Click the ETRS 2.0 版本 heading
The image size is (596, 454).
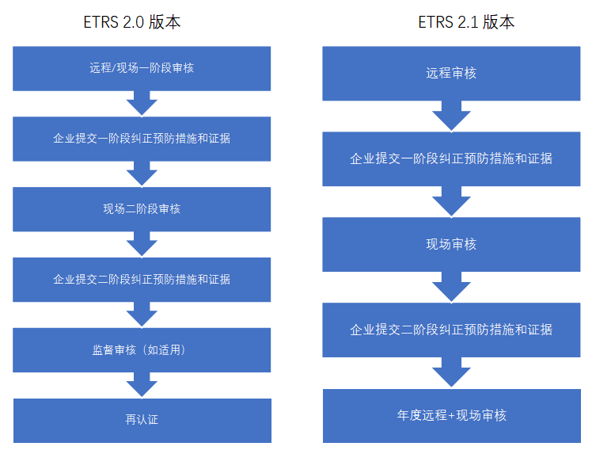tap(132, 22)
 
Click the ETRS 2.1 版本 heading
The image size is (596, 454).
tap(466, 22)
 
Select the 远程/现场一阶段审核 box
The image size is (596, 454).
tap(142, 68)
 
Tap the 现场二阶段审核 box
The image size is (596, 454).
tap(142, 209)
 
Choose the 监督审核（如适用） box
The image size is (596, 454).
tap(142, 349)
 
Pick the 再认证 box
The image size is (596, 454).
tap(142, 420)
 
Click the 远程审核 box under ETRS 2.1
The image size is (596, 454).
tap(451, 74)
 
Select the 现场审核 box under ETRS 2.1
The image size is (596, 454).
tap(451, 244)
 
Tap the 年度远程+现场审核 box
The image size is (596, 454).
tap(451, 415)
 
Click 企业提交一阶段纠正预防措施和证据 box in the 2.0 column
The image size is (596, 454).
tap(142, 139)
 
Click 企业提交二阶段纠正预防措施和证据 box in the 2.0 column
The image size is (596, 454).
tap(142, 280)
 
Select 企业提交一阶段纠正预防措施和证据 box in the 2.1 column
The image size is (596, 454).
tap(451, 158)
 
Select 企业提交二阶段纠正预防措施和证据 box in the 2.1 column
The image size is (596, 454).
tap(451, 330)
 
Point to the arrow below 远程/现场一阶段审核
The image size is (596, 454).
tap(142, 103)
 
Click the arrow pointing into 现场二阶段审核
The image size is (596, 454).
tap(142, 174)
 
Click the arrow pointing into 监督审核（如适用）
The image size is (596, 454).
tap(142, 315)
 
